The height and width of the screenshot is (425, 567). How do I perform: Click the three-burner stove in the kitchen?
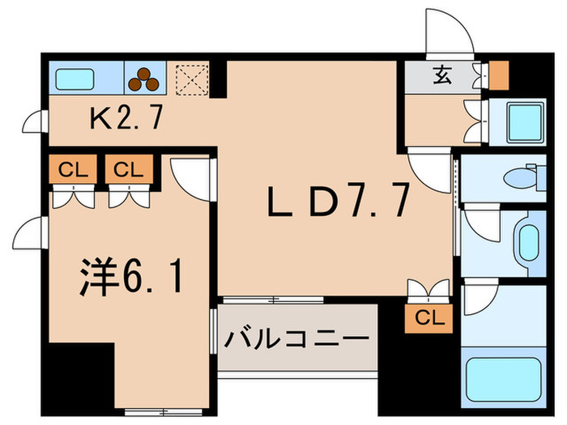147,78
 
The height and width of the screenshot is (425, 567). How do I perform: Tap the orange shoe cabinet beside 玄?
498,74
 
